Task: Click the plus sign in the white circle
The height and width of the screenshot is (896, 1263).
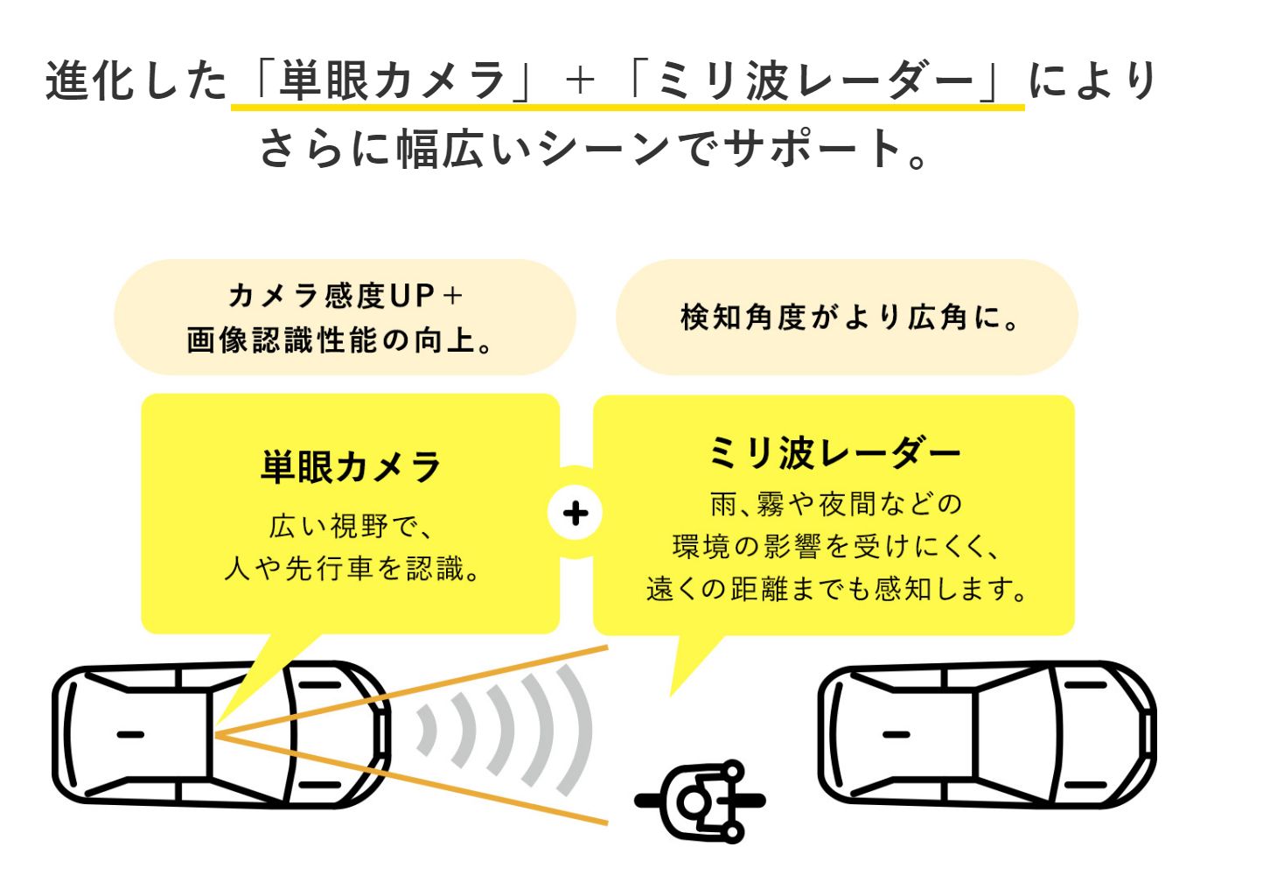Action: click(575, 513)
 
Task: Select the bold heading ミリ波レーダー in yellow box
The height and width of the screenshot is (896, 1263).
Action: click(834, 453)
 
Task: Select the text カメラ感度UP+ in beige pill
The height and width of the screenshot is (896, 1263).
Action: click(345, 296)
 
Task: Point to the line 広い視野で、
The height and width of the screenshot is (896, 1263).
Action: click(351, 527)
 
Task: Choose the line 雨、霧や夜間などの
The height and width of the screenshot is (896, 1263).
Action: click(835, 504)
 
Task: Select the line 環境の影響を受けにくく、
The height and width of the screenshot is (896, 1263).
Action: click(835, 547)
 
